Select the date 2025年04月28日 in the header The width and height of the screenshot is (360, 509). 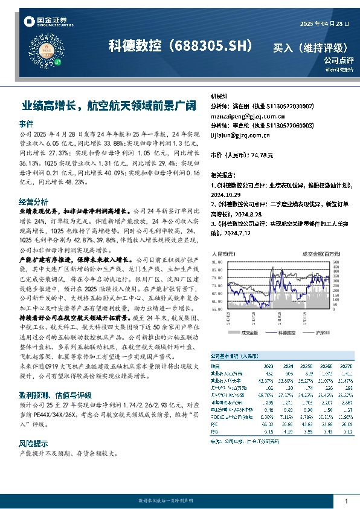coord(325,23)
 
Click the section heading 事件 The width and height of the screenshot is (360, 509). coord(27,123)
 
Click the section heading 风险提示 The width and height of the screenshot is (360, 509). coord(34,443)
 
